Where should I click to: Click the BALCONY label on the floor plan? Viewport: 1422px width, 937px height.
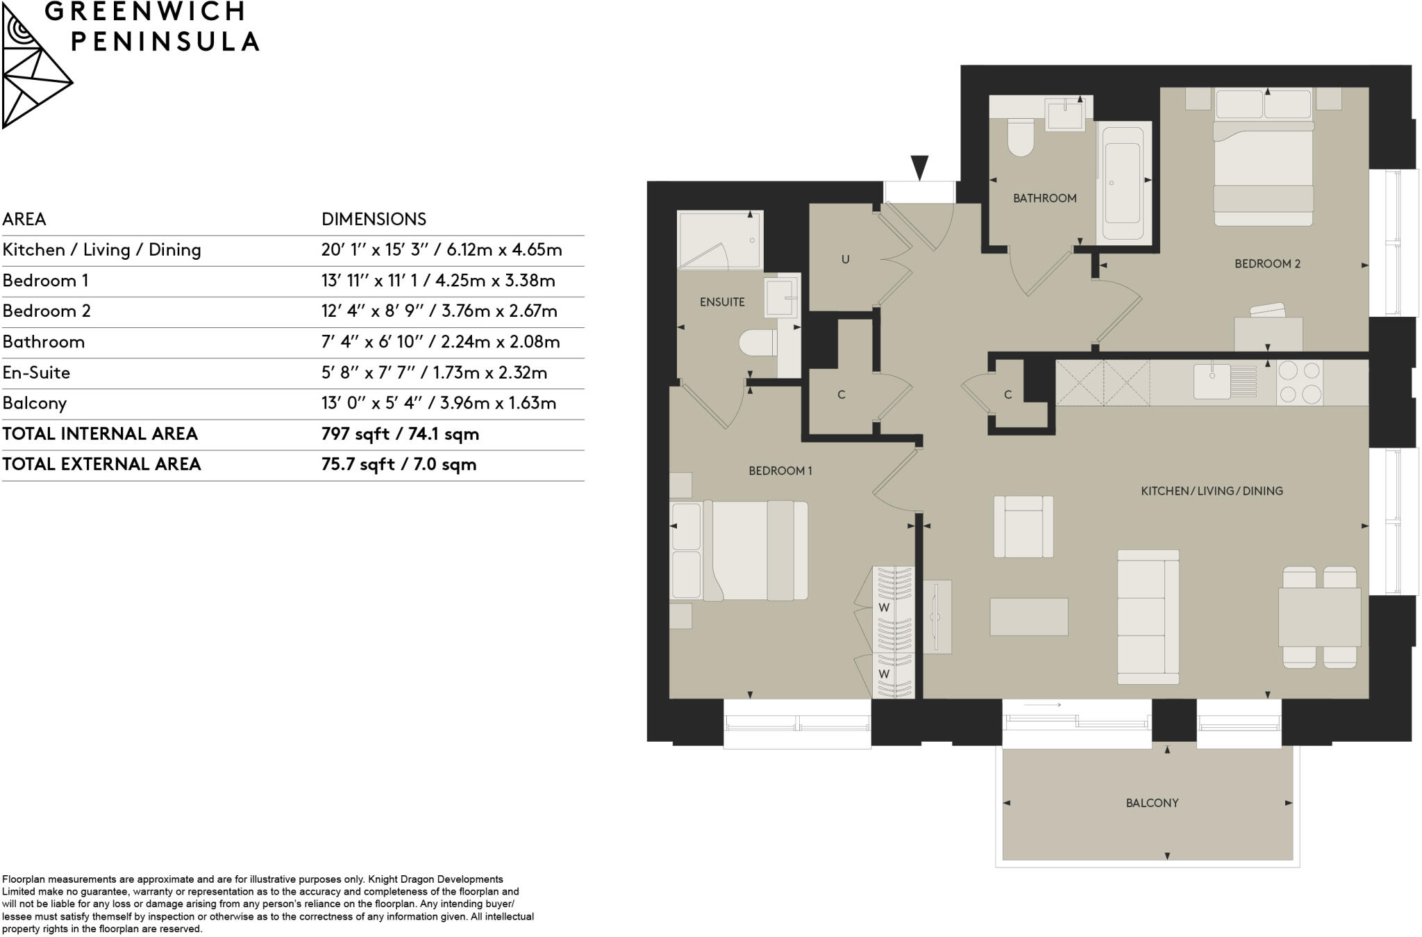tap(1152, 803)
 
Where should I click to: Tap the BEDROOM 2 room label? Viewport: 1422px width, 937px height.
tap(1267, 264)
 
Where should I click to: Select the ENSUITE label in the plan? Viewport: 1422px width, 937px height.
tap(722, 302)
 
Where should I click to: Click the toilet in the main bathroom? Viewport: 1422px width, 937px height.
tap(1021, 138)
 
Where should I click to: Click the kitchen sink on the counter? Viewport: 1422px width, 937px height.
tap(1212, 381)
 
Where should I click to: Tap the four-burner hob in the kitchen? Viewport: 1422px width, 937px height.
tap(1300, 382)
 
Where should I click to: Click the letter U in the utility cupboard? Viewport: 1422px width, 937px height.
tap(845, 260)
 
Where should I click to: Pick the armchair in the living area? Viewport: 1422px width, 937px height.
tap(1023, 526)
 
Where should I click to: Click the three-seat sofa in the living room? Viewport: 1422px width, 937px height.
tap(1148, 617)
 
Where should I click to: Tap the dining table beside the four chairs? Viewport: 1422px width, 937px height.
tap(1319, 617)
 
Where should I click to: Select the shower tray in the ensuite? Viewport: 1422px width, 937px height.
tap(720, 240)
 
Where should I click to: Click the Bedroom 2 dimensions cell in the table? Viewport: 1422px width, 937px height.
tap(439, 311)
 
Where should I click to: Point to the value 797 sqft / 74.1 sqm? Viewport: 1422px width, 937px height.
tap(400, 434)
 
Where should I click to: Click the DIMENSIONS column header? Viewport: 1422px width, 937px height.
tap(374, 219)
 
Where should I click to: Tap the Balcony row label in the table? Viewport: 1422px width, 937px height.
tap(35, 404)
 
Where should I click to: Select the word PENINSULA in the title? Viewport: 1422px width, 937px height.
tap(165, 42)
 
